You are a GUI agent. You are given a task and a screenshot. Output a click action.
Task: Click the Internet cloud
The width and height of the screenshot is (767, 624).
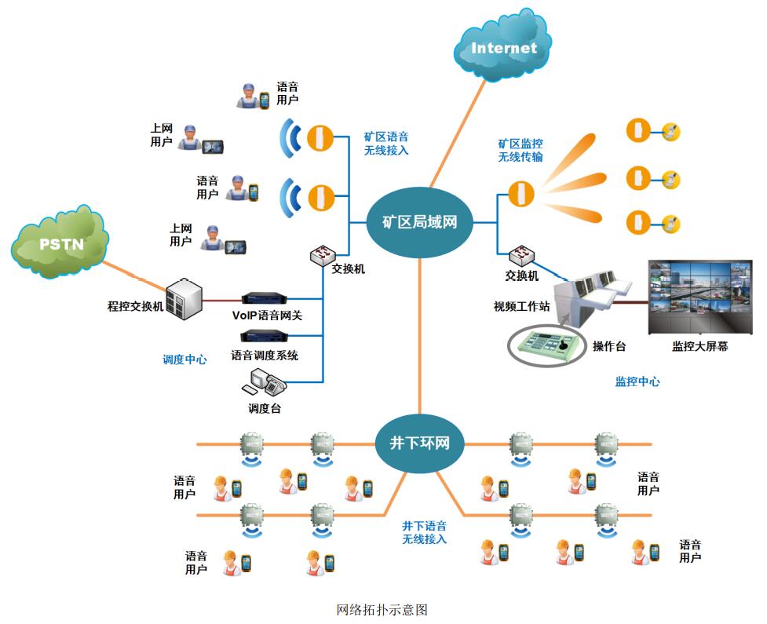(x=503, y=48)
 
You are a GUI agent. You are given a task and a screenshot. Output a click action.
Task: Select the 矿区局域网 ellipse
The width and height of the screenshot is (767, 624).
(x=413, y=223)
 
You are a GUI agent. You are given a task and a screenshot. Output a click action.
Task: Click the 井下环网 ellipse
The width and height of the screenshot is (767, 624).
(x=420, y=442)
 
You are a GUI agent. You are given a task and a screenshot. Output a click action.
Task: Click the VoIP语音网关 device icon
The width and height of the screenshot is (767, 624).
(x=266, y=299)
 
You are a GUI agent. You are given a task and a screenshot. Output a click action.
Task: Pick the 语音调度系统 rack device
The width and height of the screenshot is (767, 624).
(x=265, y=338)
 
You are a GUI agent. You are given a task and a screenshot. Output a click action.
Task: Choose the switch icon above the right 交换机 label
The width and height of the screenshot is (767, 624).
(x=521, y=256)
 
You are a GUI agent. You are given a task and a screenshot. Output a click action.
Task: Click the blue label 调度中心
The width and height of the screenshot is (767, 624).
(x=184, y=359)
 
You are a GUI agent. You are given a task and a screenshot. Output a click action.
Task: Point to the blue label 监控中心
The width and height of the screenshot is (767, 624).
(x=637, y=381)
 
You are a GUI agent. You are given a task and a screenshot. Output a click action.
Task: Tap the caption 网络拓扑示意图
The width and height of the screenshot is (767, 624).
(x=382, y=609)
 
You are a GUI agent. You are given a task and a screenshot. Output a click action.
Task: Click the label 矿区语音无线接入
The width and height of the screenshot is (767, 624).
(x=386, y=143)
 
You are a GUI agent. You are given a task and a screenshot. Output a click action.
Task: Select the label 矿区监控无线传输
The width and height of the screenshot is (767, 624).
(x=520, y=150)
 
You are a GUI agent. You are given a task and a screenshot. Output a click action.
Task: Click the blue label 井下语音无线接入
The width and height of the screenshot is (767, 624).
(x=424, y=532)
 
